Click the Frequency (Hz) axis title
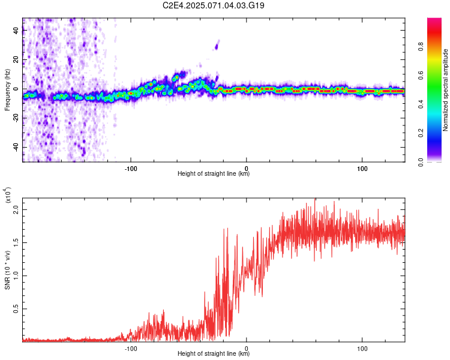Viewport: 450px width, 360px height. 7,90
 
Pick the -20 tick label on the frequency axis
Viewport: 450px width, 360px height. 15,119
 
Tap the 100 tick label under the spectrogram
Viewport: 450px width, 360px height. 362,167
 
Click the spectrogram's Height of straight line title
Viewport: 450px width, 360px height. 214,174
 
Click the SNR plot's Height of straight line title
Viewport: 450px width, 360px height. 214,354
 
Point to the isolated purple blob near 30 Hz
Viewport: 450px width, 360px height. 216,44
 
